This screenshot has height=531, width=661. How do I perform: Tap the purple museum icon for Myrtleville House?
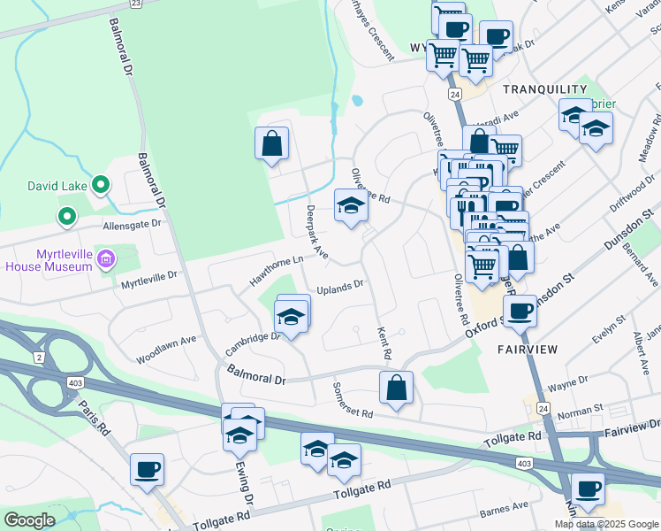pyautogui.click(x=106, y=258)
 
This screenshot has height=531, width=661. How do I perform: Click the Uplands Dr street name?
pyautogui.click(x=340, y=287)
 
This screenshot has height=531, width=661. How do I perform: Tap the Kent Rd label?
pyautogui.click(x=384, y=342)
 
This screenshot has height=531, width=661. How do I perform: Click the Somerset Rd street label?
pyautogui.click(x=353, y=401)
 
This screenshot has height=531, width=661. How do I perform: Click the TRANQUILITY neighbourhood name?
pyautogui.click(x=544, y=89)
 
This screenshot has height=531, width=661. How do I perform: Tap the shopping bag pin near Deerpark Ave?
pyautogui.click(x=271, y=143)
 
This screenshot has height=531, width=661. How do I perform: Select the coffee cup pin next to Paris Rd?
pyautogui.click(x=147, y=469)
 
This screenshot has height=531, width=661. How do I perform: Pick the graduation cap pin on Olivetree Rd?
pyautogui.click(x=351, y=207)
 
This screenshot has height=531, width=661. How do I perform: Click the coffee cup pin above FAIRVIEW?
pyautogui.click(x=520, y=311)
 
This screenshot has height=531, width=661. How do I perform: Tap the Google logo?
pyautogui.click(x=29, y=520)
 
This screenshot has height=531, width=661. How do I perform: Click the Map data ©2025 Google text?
pyautogui.click(x=606, y=524)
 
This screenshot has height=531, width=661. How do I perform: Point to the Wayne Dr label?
pyautogui.click(x=567, y=381)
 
